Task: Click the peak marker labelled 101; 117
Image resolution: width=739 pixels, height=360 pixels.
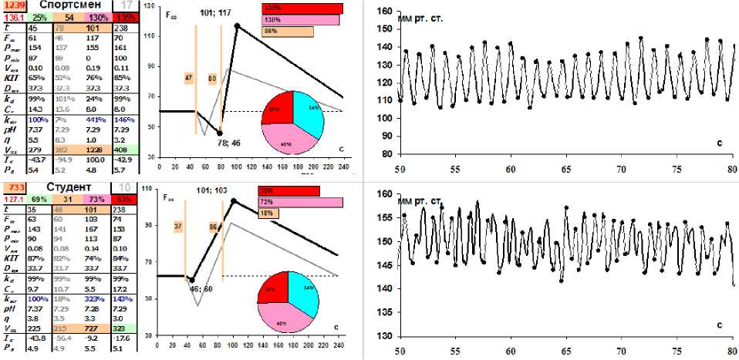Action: tap(238, 26)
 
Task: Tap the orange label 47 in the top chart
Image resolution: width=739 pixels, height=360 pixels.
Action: tap(189, 78)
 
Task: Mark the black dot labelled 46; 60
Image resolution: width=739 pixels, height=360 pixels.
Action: tap(191, 280)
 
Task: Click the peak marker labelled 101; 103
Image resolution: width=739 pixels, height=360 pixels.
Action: tap(233, 201)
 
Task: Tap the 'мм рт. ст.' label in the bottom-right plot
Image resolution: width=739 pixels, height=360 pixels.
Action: tap(420, 202)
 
